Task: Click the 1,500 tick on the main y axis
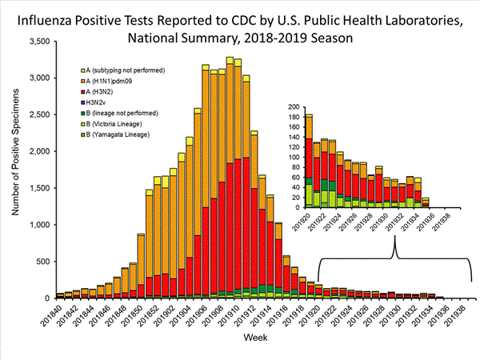pyautogui.click(x=38, y=187)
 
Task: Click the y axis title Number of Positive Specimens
pyautogui.click(x=15, y=168)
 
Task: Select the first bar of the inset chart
pyautogui.click(x=308, y=161)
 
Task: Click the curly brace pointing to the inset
pyautogui.click(x=395, y=256)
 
